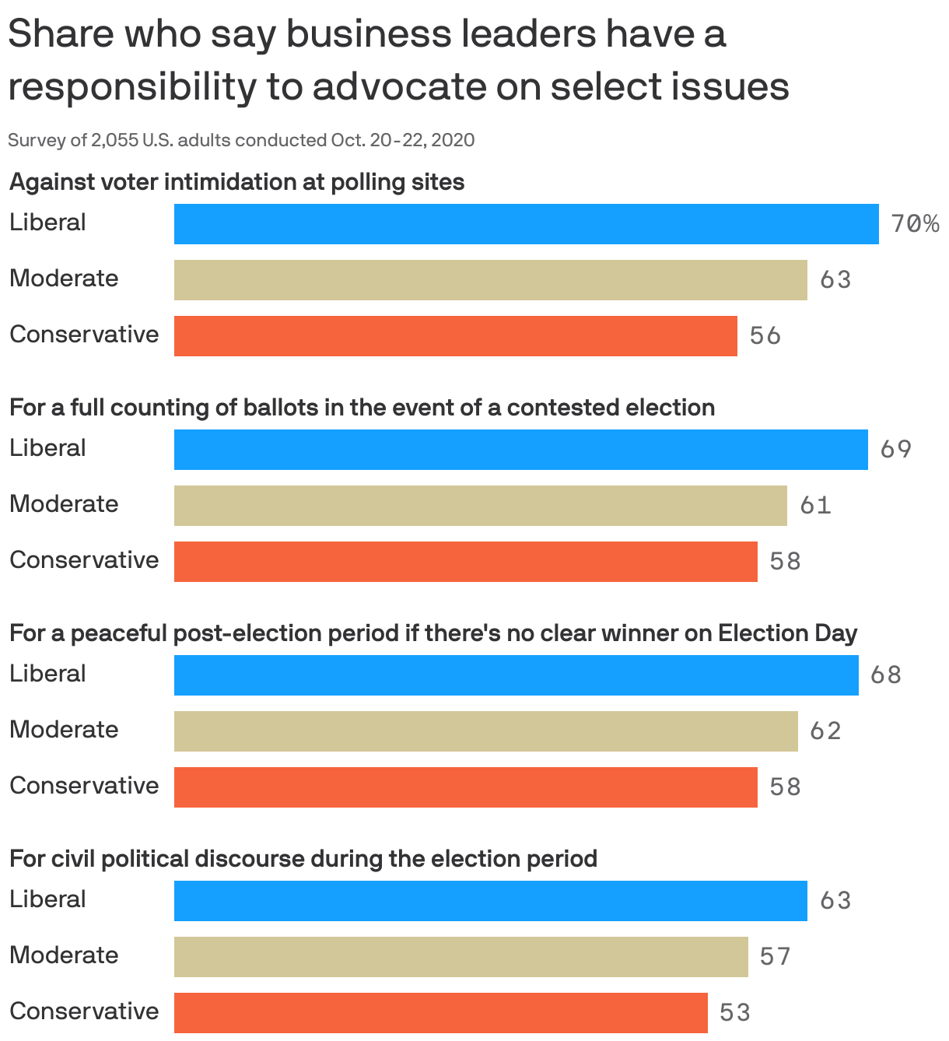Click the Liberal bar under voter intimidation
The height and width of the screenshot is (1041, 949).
526,224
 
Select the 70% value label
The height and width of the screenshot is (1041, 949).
915,224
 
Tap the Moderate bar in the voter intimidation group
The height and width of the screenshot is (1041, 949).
490,280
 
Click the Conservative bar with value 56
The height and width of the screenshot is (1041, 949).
455,336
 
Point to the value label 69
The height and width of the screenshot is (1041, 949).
895,450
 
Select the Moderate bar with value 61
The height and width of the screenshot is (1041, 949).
480,506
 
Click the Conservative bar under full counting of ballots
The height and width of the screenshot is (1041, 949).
465,562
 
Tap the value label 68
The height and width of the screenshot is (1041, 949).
886,675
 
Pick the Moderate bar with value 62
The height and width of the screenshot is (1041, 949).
485,731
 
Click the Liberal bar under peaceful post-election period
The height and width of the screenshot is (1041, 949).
516,675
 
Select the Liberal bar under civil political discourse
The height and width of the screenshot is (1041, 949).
490,901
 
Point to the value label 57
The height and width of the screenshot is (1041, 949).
775,956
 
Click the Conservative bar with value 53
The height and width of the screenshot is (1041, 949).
440,1012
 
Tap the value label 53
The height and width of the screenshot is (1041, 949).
734,1012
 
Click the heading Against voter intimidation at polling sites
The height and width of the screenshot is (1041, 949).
236,182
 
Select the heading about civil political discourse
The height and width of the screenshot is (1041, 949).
303,859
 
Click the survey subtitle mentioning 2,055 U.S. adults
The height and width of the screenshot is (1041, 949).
241,140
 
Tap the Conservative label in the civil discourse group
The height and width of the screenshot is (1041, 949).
84,1011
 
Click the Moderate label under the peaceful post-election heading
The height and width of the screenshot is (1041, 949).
64,730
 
